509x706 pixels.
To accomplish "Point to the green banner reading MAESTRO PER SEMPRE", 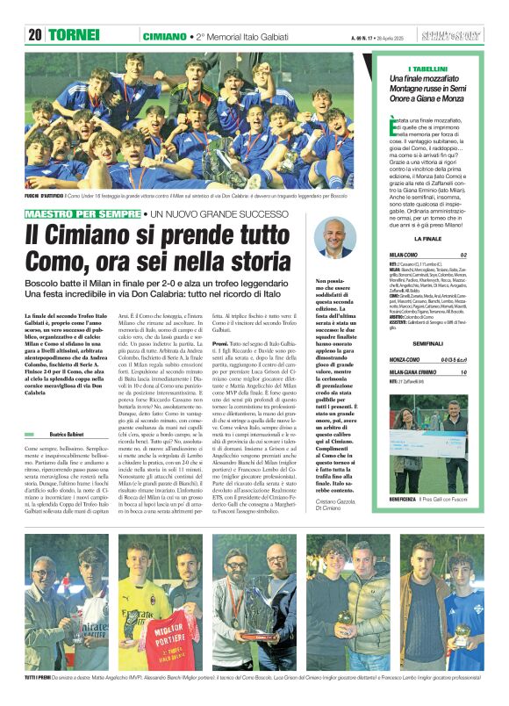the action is coord(75,214).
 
